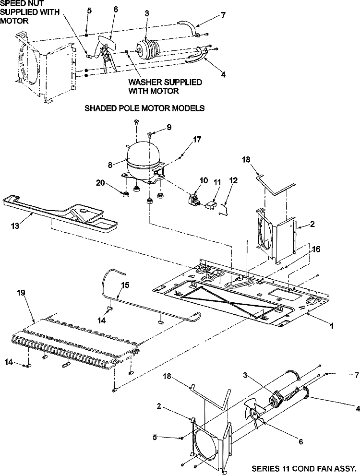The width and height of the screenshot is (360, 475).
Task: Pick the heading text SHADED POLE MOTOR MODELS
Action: (x=145, y=108)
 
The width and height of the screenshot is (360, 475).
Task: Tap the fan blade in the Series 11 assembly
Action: (x=254, y=413)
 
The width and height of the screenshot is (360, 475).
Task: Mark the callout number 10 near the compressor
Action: (x=204, y=181)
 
